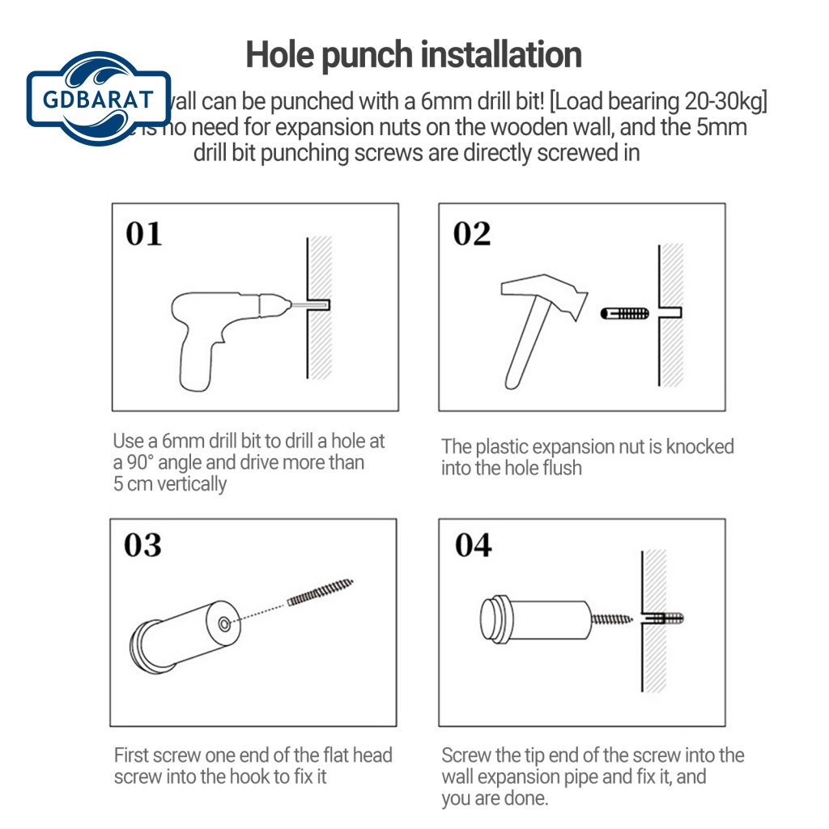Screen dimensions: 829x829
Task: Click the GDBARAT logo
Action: pos(99,100)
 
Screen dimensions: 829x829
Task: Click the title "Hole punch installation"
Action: pos(414,55)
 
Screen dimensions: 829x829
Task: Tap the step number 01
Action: pos(144,234)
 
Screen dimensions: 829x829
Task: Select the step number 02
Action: pos(472,234)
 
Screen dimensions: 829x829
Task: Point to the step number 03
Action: pos(142,546)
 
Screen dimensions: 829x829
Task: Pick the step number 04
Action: pos(473,546)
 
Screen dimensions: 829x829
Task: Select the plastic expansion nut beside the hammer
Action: pos(625,312)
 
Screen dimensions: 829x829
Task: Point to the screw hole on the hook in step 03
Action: pos(223,623)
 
